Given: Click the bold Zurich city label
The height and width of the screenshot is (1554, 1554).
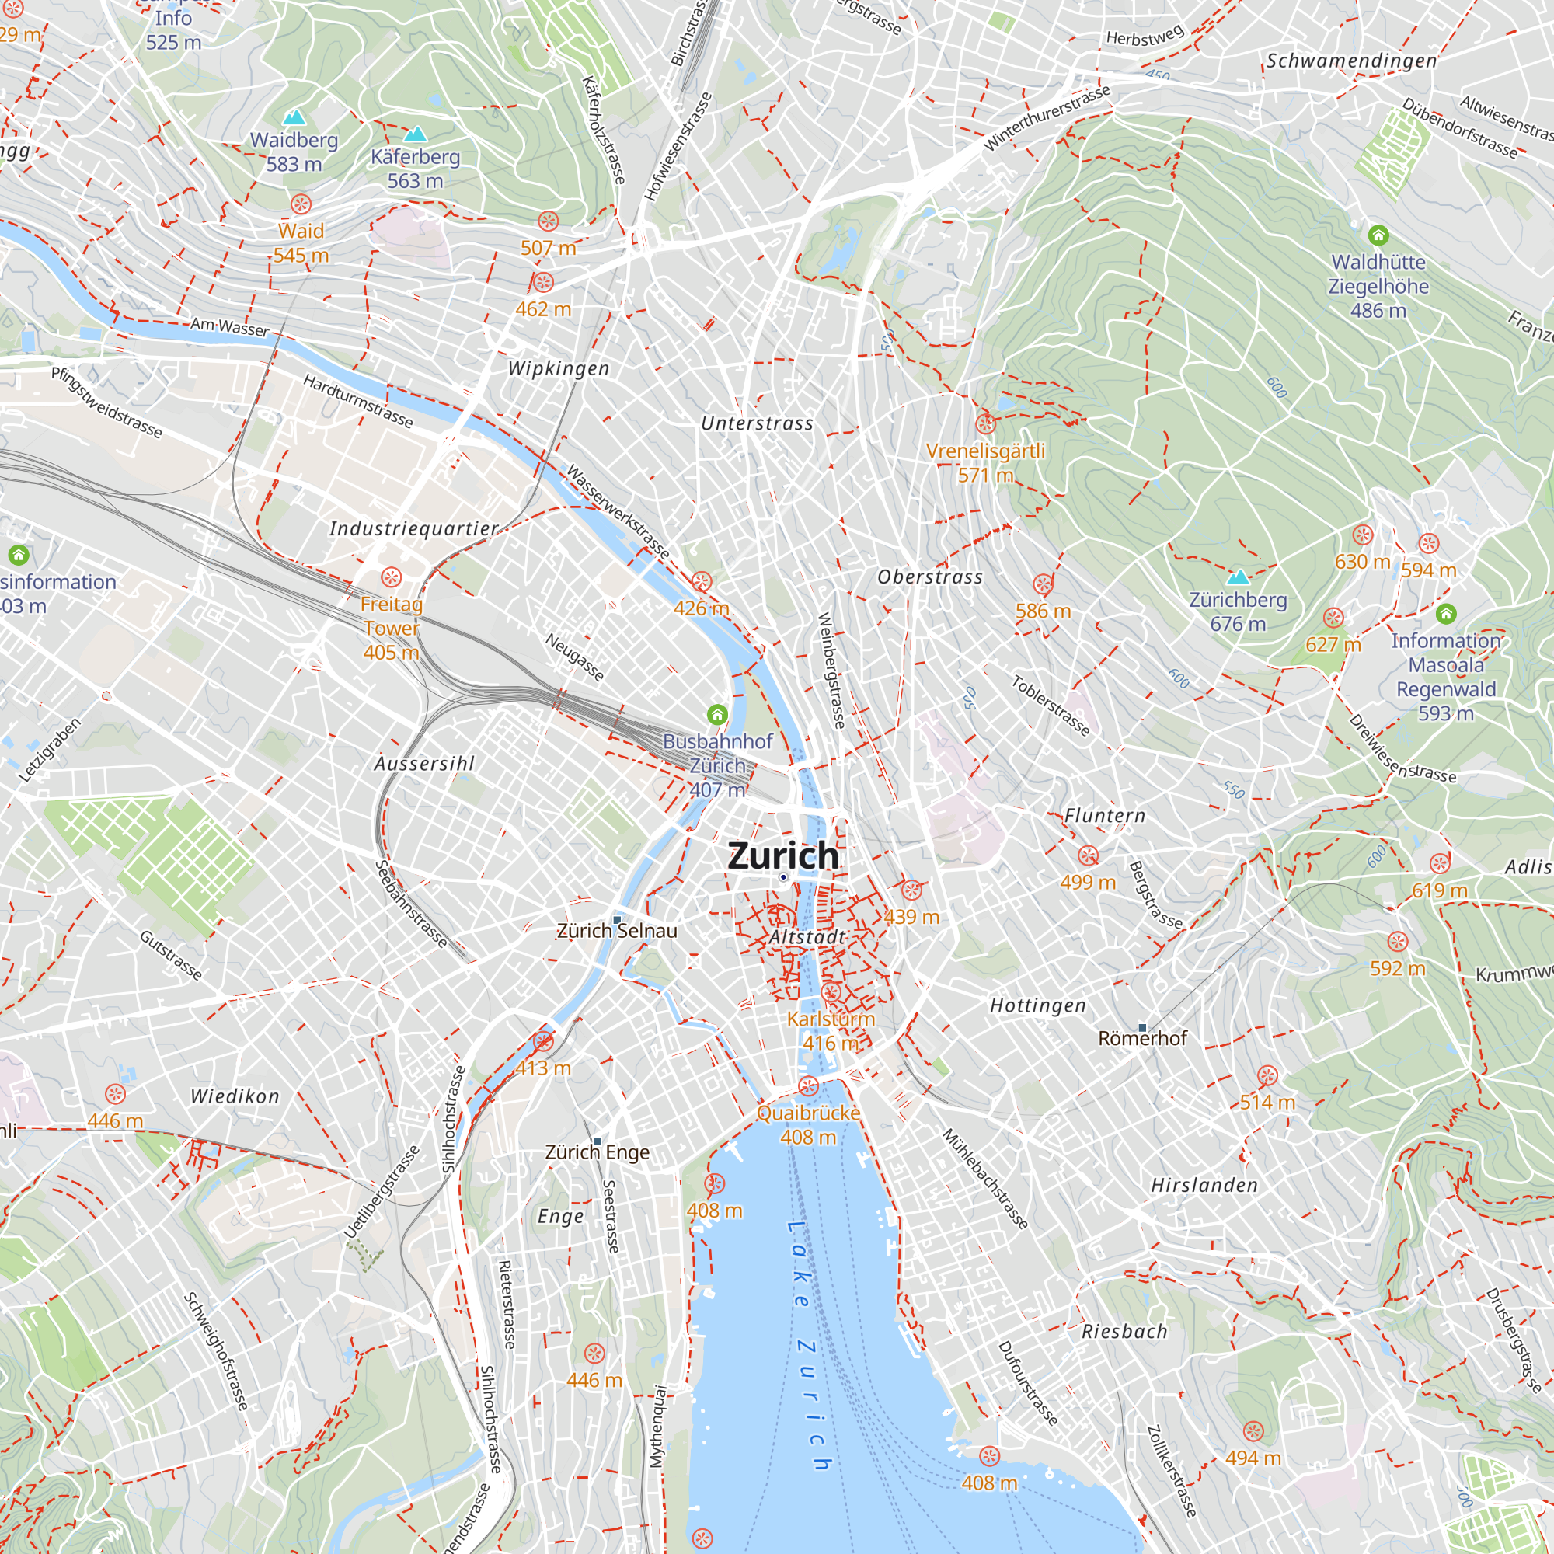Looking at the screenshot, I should point(782,855).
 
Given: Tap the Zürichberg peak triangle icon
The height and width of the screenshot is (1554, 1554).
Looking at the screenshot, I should point(1238,577).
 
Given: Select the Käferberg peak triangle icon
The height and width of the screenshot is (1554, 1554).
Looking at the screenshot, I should point(415,134).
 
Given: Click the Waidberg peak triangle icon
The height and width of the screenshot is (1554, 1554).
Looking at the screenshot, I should point(294,117).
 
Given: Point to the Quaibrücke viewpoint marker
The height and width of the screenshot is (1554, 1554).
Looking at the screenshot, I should point(807,1087).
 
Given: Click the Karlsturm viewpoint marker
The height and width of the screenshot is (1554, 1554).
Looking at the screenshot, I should point(831,991).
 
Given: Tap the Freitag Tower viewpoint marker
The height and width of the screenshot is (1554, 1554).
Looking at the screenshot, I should point(391,577).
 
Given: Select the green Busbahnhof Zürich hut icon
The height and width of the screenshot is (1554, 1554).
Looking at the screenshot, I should point(716,713).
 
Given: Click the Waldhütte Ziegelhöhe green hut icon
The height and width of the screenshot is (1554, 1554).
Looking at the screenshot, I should point(1378,235).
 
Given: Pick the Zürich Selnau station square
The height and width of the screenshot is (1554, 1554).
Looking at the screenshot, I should point(617,919).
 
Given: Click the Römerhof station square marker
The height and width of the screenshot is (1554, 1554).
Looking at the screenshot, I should point(1142,1027).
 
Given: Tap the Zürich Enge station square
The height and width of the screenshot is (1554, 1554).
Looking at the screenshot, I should point(597,1141).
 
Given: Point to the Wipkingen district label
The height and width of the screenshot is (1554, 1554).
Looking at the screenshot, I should point(558,368).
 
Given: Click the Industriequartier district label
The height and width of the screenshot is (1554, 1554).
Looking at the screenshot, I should point(413,528).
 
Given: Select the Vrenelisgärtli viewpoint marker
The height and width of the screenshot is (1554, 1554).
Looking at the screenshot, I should point(985,423).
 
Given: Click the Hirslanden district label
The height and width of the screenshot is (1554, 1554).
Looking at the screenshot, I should point(1204,1185).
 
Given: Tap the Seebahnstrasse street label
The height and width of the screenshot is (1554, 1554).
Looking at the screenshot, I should point(411,904).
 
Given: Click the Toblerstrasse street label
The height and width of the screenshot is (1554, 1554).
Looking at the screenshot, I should point(1050,706).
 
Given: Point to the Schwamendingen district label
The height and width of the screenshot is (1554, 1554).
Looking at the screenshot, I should point(1351,61).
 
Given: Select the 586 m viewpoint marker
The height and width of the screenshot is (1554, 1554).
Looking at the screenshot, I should point(1043,584).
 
